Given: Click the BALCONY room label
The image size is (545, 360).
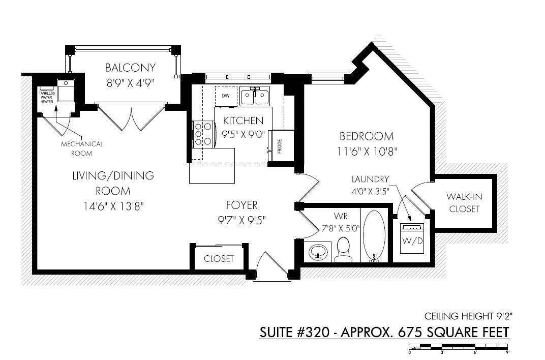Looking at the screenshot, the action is pyautogui.click(x=130, y=68).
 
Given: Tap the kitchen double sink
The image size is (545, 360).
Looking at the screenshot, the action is pyautogui.click(x=255, y=96).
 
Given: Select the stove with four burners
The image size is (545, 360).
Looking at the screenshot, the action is pyautogui.click(x=202, y=134).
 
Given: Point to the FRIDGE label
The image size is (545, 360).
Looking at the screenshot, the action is pyautogui.click(x=280, y=146).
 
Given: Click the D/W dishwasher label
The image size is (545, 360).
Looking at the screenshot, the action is pyautogui.click(x=226, y=96).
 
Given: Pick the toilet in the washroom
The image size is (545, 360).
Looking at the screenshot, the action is pyautogui.click(x=343, y=249).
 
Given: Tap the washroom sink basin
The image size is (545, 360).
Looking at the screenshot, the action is pyautogui.click(x=318, y=251).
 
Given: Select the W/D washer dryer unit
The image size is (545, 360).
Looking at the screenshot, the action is pyautogui.click(x=413, y=238).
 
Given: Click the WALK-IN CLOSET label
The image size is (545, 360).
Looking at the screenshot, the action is pyautogui.click(x=464, y=202).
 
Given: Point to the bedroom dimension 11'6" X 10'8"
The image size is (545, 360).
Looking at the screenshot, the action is pyautogui.click(x=367, y=152).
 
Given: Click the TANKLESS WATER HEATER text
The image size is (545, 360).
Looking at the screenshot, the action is pyautogui.click(x=47, y=97).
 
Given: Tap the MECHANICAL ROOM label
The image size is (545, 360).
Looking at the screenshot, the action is pyautogui.click(x=82, y=148).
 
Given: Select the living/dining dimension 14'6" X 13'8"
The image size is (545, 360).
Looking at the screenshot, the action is pyautogui.click(x=114, y=206).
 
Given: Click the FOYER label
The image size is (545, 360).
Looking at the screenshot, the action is pyautogui.click(x=242, y=205).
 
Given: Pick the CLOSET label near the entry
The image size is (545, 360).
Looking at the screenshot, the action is pyautogui.click(x=219, y=258).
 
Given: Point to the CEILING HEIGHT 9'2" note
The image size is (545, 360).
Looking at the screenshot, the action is pyautogui.click(x=468, y=316).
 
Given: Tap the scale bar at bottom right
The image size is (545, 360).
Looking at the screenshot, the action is pyautogui.click(x=459, y=346).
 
